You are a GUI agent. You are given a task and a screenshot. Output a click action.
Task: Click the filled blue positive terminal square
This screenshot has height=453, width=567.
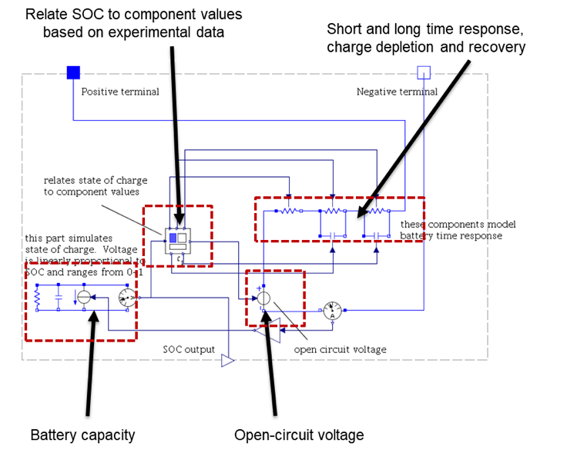point(73,72)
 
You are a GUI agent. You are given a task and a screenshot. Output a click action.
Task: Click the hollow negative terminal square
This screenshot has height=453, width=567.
point(424,72)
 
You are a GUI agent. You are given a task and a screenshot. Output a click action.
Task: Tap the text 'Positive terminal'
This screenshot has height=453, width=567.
point(120,92)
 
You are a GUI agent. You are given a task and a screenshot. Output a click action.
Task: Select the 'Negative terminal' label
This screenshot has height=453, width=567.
point(397,92)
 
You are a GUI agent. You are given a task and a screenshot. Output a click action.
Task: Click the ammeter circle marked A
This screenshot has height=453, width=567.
point(332,310)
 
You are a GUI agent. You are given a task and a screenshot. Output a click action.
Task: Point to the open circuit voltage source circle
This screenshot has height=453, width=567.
point(263,298)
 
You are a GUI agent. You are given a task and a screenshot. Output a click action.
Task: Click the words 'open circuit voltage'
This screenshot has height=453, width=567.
point(340,349)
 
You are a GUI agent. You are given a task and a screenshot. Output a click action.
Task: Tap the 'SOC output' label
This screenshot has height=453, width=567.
point(189,349)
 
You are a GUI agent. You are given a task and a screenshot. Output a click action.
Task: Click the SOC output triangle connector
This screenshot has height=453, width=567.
point(227,360)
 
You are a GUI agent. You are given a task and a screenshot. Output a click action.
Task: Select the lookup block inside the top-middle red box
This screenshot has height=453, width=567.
point(178,239)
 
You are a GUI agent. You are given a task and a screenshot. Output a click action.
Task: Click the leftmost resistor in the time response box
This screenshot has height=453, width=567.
point(290,210)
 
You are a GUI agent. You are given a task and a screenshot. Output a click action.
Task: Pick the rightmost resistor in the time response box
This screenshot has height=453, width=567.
point(377,210)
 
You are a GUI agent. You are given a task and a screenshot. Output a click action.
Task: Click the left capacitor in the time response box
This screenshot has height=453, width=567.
point(333,235)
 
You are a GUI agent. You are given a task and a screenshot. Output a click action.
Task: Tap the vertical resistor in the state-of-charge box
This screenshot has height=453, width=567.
point(37,297)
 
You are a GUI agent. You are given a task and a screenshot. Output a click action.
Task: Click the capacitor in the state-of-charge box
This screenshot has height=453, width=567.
point(59,297)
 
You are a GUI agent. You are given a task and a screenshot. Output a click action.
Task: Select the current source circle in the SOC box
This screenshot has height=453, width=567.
point(84,297)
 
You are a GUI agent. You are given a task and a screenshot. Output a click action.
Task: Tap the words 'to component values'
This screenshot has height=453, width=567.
point(91,192)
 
